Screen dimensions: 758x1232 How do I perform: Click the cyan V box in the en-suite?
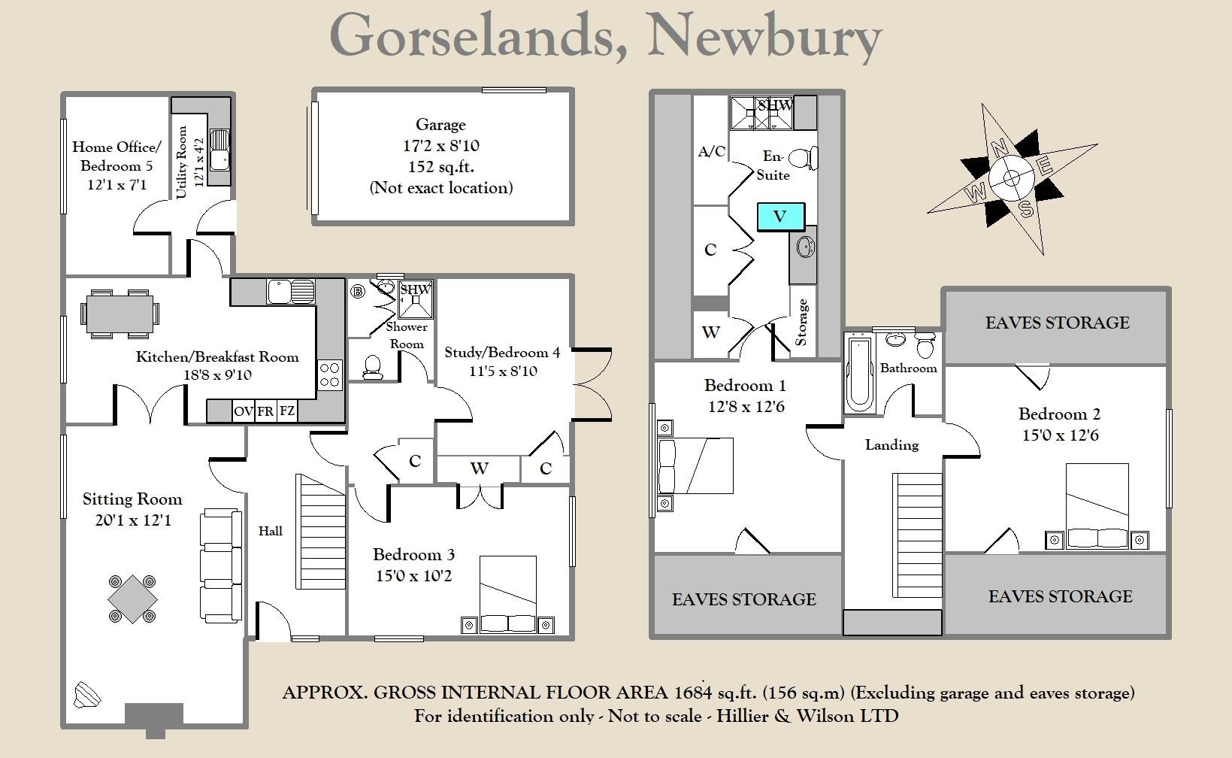pyautogui.click(x=781, y=217)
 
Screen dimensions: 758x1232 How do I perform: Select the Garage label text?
pyautogui.click(x=440, y=125)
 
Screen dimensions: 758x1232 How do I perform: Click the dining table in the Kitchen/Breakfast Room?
pyautogui.click(x=120, y=313)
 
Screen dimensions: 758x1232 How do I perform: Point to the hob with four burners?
pyautogui.click(x=330, y=374)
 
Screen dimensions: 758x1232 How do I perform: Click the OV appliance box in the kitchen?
pyautogui.click(x=243, y=411)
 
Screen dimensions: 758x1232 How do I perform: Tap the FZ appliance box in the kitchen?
pyautogui.click(x=287, y=411)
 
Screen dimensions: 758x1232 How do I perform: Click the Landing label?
pyautogui.click(x=891, y=445)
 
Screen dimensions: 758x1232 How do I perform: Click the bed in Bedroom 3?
pyautogui.click(x=508, y=594)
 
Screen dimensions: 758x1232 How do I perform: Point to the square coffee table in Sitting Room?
pyautogui.click(x=132, y=599)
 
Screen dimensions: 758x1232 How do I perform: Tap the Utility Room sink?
pyautogui.click(x=220, y=150)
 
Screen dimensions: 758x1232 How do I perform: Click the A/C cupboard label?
pyautogui.click(x=711, y=152)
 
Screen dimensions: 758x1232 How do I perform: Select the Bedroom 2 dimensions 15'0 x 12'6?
pyautogui.click(x=1060, y=435)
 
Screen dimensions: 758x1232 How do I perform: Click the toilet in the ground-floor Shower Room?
pyautogui.click(x=372, y=365)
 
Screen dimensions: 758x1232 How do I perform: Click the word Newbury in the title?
pyautogui.click(x=764, y=35)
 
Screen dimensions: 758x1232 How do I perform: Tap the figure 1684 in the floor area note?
pyautogui.click(x=694, y=693)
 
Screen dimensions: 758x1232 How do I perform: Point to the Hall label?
pyautogui.click(x=271, y=531)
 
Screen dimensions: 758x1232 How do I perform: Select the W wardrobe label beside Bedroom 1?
pyautogui.click(x=710, y=332)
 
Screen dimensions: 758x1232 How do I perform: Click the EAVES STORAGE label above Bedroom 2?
pyautogui.click(x=1057, y=323)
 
